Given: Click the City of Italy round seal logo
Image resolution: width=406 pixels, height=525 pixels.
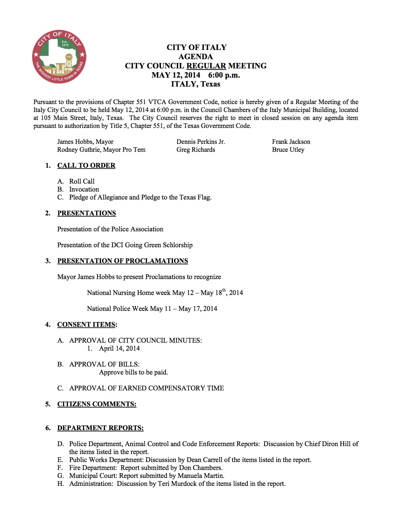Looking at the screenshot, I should (x=59, y=57).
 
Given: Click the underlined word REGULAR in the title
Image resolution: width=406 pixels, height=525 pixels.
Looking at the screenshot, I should (x=206, y=66).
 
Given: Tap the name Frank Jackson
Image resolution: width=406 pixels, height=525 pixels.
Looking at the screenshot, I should (x=291, y=142).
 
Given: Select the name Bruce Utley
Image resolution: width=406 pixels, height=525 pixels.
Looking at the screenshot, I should (x=288, y=150).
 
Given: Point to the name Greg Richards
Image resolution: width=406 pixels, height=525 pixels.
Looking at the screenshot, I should (x=196, y=150).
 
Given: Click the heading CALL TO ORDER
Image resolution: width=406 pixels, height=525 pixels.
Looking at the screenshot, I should (x=86, y=165).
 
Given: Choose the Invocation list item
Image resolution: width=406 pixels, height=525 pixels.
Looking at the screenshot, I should (x=84, y=189).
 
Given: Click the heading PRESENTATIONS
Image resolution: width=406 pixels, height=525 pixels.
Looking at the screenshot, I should (x=87, y=213).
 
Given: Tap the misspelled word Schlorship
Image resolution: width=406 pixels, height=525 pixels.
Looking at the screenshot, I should (x=177, y=245).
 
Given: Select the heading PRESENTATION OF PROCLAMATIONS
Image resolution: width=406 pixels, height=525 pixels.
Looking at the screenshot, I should (x=123, y=261).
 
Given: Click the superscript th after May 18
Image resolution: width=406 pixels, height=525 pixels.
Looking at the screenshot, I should (x=224, y=290).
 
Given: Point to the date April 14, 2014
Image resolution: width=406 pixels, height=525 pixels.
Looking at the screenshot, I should (x=119, y=348).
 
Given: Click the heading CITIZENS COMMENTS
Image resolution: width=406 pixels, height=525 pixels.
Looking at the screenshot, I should (x=97, y=404).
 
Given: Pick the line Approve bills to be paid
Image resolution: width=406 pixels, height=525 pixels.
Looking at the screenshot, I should (x=133, y=372).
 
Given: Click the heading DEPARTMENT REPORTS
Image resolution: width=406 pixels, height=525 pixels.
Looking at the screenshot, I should (x=100, y=428).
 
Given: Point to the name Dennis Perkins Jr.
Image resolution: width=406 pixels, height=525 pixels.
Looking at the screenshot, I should (x=201, y=142).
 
